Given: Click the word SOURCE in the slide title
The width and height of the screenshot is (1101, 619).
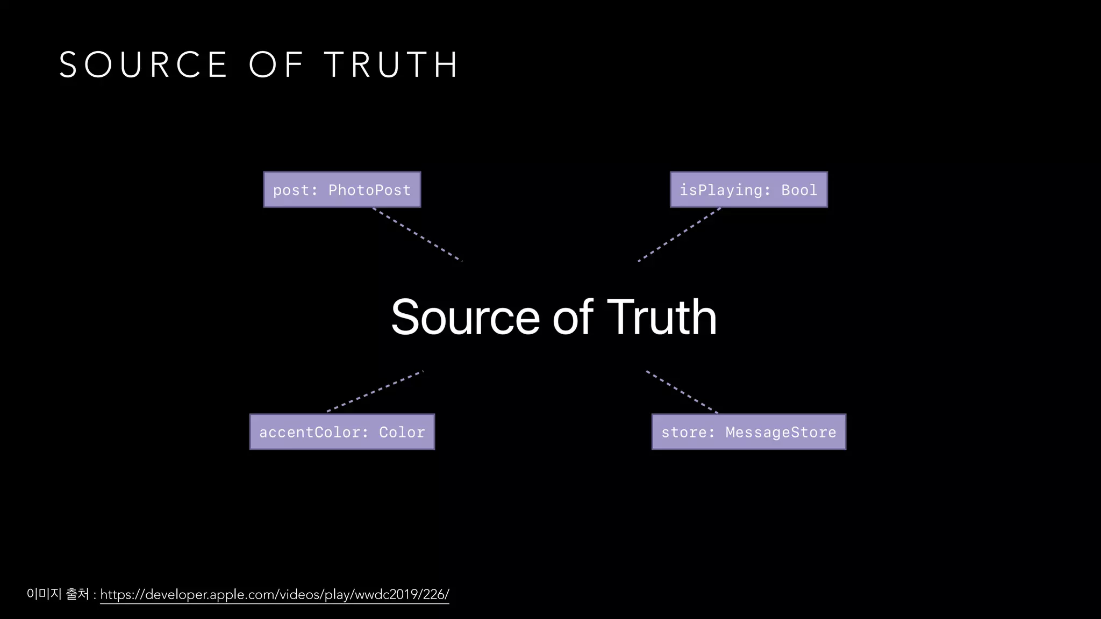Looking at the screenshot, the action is coord(143,65).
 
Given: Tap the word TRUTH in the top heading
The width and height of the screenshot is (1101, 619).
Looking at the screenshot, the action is coord(391,65).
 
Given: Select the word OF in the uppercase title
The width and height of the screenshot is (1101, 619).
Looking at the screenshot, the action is coord(276,65).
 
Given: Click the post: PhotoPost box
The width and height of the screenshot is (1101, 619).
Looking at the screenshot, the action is coord(342,190).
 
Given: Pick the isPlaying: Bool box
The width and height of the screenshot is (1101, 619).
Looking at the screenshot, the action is coord(748,190).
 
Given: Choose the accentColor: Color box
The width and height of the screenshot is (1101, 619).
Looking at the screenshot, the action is coord(342,432).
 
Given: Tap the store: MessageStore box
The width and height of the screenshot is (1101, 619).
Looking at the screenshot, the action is coord(748,432).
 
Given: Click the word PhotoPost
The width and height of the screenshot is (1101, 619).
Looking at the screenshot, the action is coord(369,190).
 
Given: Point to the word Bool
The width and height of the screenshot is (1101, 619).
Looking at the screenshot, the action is coord(799,190).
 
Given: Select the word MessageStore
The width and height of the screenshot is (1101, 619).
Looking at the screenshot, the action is coord(781,433).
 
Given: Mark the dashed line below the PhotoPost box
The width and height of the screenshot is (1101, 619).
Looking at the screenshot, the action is coord(418,235).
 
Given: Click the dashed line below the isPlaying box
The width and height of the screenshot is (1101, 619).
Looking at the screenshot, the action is coord(679,235).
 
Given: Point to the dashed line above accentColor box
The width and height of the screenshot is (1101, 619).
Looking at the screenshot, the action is coord(375,391).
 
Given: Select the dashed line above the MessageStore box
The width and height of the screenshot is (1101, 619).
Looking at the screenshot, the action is coord(682,392).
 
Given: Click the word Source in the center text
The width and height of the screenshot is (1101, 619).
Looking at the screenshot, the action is coord(465,318).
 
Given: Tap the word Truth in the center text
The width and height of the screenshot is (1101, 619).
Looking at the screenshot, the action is coord(662,318).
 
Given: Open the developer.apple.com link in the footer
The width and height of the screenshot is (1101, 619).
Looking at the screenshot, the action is coord(274,594).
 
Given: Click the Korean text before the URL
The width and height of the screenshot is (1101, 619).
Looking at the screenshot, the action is coord(58,594).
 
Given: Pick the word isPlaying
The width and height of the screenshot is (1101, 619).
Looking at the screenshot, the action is coord(721,190).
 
